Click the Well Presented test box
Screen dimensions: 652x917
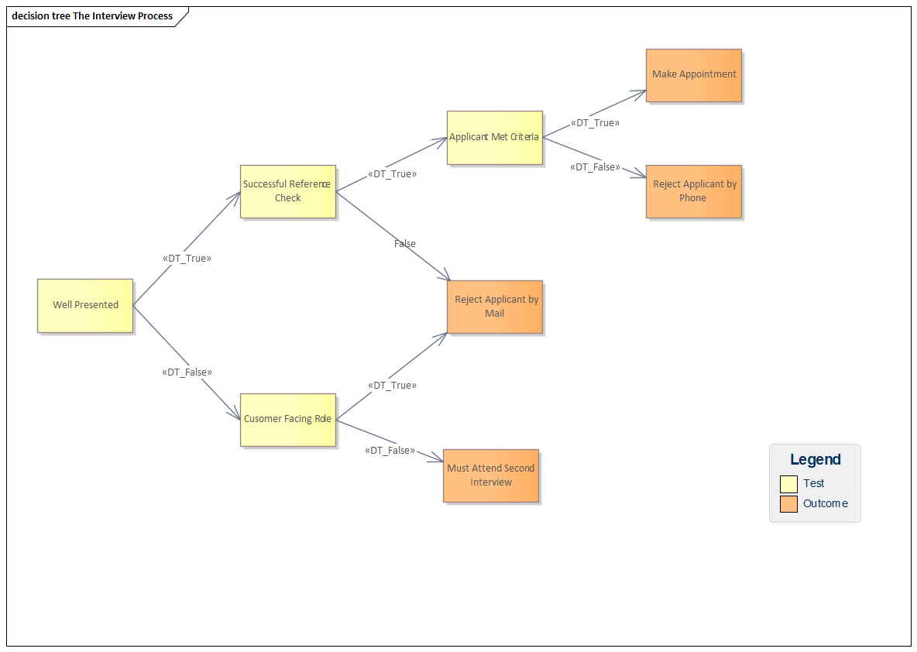pos(85,305)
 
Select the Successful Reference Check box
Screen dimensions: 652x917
pos(287,191)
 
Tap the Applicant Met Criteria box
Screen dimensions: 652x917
pos(494,137)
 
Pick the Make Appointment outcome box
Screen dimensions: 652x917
pos(693,75)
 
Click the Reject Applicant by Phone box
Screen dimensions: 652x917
pos(693,191)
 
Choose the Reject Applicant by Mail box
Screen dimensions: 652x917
pos(494,307)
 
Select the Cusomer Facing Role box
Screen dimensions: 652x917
pos(287,419)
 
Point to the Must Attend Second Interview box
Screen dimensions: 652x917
pos(490,475)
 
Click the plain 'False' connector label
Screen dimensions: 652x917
pos(404,244)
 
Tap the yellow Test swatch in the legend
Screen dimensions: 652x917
pos(788,484)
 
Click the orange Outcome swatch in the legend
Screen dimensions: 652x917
pos(788,504)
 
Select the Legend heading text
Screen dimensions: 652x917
pos(815,460)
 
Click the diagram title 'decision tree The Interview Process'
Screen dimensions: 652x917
pos(92,16)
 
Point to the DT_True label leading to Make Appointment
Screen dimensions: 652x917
pos(595,122)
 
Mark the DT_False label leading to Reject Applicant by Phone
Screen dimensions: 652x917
pos(595,167)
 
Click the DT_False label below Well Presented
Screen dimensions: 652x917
pos(187,372)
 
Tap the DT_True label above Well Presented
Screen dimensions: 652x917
pos(187,259)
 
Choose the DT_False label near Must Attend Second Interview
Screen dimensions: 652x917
pos(390,451)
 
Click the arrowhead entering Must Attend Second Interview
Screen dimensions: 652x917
pos(438,459)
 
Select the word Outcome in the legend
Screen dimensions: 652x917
pos(825,504)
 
